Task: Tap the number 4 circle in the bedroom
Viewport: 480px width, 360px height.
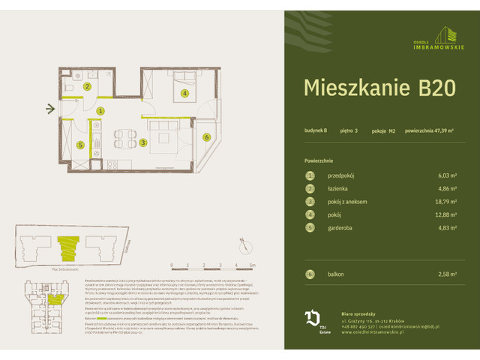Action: coord(184,94)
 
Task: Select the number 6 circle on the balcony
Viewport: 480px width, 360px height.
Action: coord(206,136)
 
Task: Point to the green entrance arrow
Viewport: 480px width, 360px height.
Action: coord(50,109)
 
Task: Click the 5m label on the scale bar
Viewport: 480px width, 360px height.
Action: coord(253,265)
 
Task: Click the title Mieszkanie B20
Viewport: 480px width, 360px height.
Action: coord(379,88)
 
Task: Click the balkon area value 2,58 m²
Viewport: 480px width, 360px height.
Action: coord(447,275)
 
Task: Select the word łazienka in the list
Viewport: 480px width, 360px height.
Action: coord(340,188)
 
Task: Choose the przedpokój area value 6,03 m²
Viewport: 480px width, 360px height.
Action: coord(447,175)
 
